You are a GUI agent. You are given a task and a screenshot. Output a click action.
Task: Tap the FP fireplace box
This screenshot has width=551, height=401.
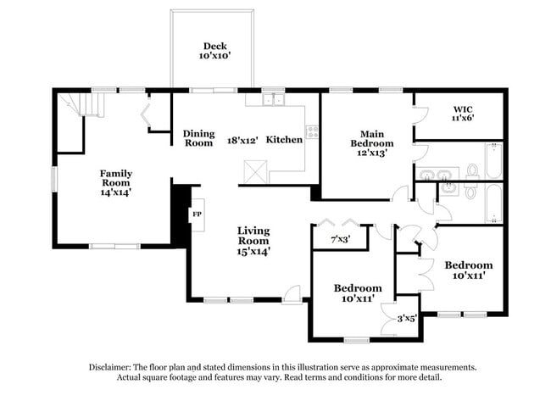197,214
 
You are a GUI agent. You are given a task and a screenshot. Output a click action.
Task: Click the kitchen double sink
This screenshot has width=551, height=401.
273,100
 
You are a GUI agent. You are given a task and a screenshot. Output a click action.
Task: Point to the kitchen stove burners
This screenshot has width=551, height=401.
312,131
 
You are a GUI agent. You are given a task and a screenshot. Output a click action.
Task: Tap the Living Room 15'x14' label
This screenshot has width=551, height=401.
253,240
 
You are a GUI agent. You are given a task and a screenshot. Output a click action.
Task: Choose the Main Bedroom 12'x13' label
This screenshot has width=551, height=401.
366,140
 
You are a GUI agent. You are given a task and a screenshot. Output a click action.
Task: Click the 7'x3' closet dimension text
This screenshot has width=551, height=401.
339,241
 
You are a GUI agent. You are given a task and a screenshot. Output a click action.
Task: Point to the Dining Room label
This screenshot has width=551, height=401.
198,138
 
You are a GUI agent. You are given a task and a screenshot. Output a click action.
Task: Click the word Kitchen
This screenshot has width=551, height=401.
284,139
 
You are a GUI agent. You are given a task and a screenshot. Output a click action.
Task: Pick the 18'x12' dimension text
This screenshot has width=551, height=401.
242,138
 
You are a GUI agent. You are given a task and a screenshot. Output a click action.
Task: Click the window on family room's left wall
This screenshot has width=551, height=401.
54,179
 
